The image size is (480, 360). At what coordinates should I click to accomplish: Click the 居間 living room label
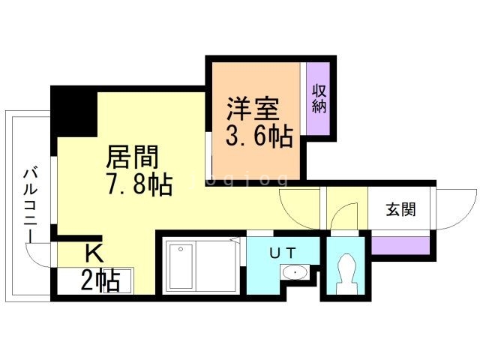coord(133,157)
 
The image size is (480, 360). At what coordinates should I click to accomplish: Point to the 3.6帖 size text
coord(259,137)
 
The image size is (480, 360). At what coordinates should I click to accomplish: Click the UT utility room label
coord(283,252)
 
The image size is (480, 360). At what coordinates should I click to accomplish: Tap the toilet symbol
coord(346,274)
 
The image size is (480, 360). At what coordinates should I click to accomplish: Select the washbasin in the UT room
coord(295,273)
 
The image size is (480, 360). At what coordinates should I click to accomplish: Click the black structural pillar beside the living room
coord(74,112)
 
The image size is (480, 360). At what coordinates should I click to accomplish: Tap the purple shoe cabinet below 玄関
coord(401,244)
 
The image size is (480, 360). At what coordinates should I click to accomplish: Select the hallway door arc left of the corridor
coord(301,205)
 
